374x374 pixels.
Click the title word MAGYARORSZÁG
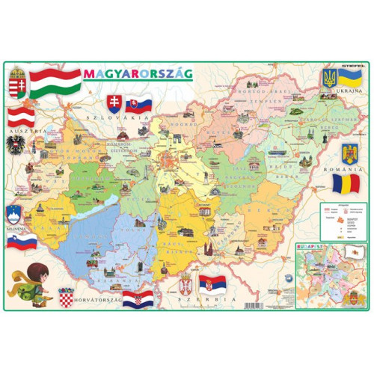(138, 73)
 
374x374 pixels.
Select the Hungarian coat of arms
(19, 80)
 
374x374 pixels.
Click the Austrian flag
(20, 115)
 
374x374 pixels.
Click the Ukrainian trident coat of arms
(328, 78)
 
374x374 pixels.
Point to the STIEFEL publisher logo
(352, 66)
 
